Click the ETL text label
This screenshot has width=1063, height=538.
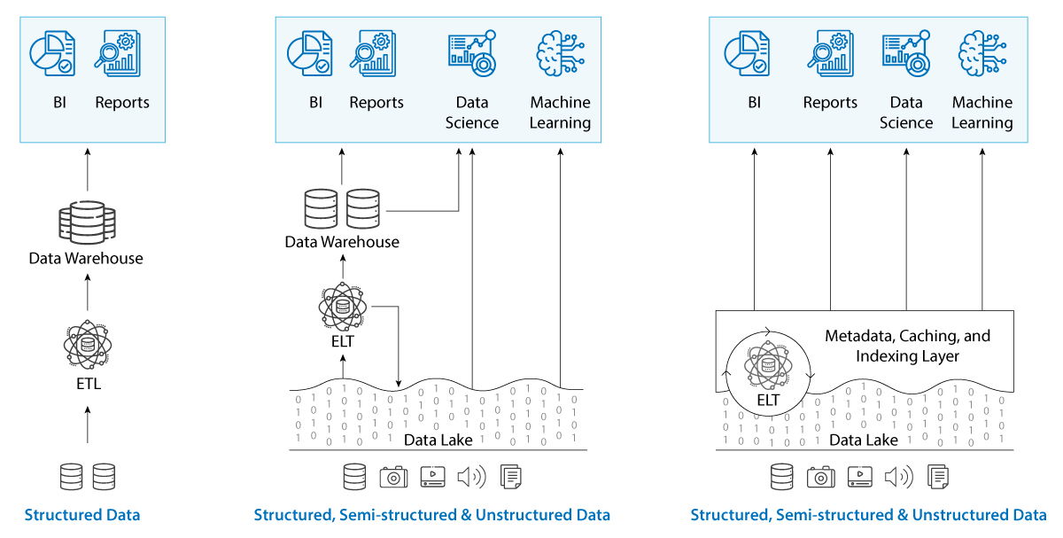[x=87, y=384]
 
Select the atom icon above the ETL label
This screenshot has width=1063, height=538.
[x=87, y=344]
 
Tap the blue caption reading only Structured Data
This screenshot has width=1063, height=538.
[x=82, y=515]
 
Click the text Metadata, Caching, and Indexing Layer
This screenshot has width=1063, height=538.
[x=907, y=347]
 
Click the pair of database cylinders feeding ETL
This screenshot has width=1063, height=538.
[x=87, y=477]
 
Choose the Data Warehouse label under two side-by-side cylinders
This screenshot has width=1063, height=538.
[x=342, y=242]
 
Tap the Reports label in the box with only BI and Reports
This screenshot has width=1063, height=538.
[x=122, y=103]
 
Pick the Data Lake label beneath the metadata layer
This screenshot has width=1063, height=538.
[x=864, y=440]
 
